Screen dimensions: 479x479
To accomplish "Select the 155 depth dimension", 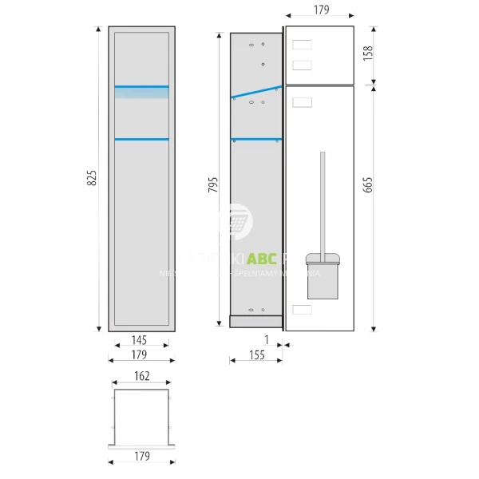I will [255, 356].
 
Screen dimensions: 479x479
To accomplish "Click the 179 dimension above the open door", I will [319, 10].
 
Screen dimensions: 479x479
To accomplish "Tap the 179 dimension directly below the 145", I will [139, 354].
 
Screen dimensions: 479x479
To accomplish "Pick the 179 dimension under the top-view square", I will [142, 457].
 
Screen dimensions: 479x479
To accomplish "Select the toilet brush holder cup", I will [322, 275].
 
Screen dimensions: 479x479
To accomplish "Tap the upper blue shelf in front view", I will [141, 86].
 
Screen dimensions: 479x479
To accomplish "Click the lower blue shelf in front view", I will [141, 140].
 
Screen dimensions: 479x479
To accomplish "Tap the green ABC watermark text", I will [263, 259].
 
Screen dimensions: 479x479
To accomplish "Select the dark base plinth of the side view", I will [255, 321].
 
